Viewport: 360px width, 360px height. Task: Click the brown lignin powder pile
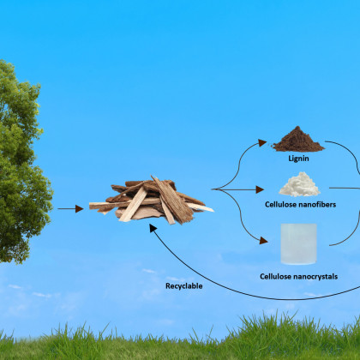pyautogui.click(x=298, y=140)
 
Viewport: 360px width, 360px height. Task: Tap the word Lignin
pyautogui.click(x=298, y=159)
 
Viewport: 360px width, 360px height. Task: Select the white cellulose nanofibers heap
pyautogui.click(x=299, y=184)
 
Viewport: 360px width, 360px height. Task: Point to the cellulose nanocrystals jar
pyautogui.click(x=299, y=244)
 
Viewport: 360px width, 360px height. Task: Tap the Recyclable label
pyautogui.click(x=184, y=286)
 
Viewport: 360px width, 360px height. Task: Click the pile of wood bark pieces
pyautogui.click(x=152, y=201)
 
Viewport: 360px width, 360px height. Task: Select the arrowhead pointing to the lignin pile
pyautogui.click(x=262, y=142)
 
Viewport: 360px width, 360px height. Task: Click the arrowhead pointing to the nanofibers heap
pyautogui.click(x=260, y=189)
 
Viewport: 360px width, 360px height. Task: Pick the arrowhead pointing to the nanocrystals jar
pyautogui.click(x=263, y=241)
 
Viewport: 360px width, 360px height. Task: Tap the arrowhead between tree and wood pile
pyautogui.click(x=80, y=209)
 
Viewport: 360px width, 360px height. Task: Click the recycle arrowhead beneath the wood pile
pyautogui.click(x=153, y=228)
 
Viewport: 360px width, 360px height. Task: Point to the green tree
pyautogui.click(x=24, y=161)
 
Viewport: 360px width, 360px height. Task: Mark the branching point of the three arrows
pyautogui.click(x=213, y=189)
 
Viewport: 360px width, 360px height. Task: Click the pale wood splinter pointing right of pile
pyautogui.click(x=200, y=207)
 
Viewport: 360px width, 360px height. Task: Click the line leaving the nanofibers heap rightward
pyautogui.click(x=345, y=188)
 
